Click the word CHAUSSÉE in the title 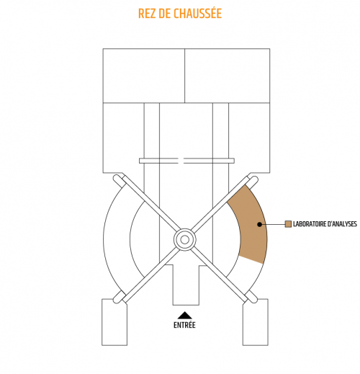197,13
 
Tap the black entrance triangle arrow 184,315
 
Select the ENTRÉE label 184,325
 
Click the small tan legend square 288,224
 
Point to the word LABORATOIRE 309,224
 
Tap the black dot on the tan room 259,224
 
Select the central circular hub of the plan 184,240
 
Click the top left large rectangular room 144,76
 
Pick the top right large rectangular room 228,76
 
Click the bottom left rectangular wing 114,322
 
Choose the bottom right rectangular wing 256,322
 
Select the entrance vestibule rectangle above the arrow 186,285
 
